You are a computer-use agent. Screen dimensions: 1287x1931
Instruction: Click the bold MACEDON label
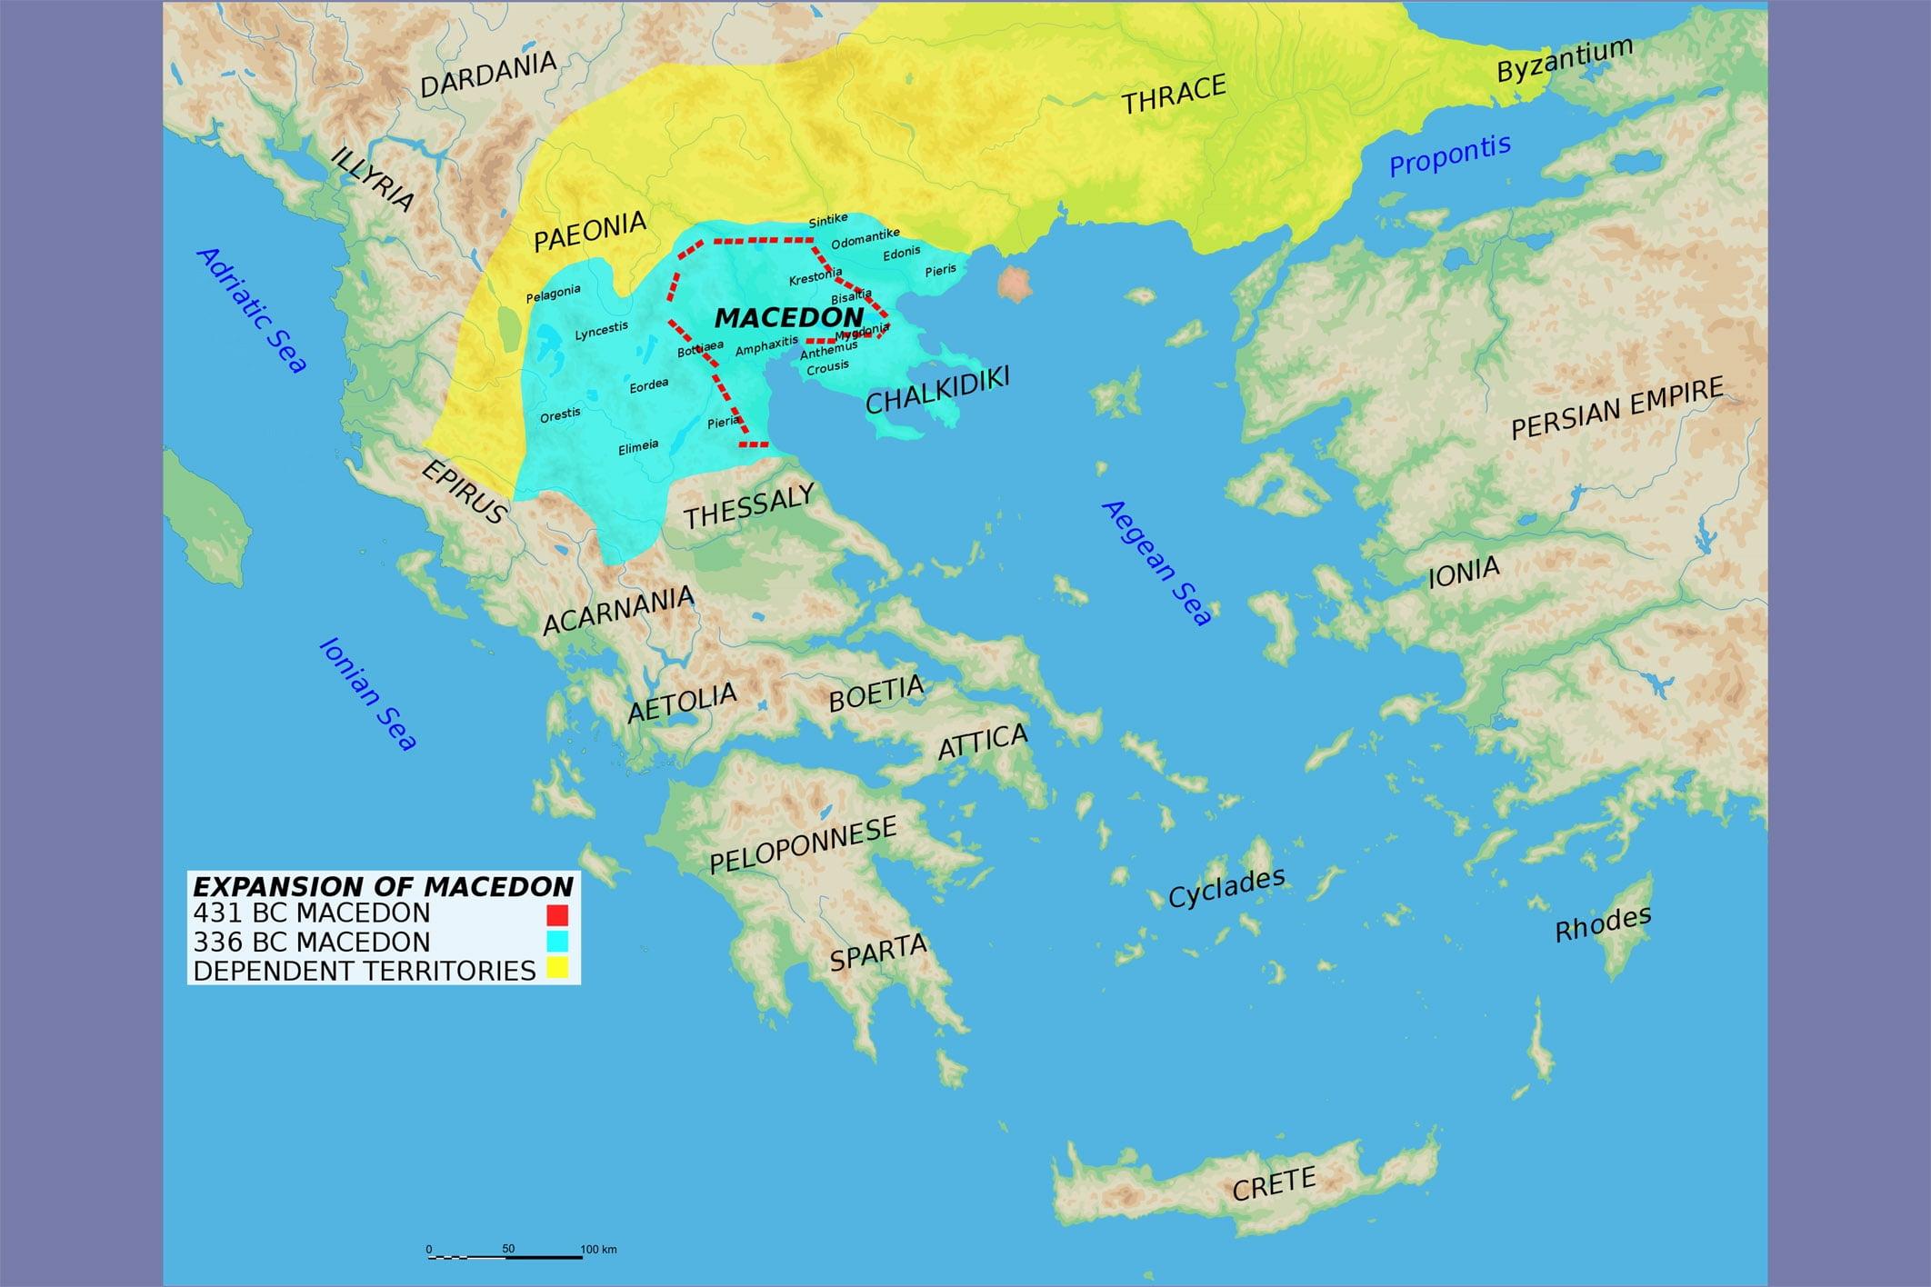tap(788, 317)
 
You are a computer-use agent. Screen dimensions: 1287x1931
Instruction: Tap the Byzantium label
tap(1565, 59)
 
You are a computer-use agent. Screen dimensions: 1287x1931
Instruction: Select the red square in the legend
tap(557, 913)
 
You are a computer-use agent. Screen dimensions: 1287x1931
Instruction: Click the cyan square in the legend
tap(557, 942)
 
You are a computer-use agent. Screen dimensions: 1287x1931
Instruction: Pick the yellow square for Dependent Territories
tap(557, 968)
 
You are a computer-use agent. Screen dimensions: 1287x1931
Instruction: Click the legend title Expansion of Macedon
tap(383, 886)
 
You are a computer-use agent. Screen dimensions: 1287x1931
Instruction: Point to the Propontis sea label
tap(1449, 155)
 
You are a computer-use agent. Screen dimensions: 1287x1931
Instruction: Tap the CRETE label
tap(1274, 1183)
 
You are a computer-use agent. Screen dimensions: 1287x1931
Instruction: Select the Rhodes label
tap(1602, 924)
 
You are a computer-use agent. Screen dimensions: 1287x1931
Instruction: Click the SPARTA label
tap(878, 952)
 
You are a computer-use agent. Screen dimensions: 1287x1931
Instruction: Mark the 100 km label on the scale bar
tap(598, 1249)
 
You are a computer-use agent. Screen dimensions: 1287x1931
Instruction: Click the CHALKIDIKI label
tap(937, 390)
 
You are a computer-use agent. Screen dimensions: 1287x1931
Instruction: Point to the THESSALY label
tap(749, 506)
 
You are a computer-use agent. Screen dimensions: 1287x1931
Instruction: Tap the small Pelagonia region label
tap(553, 294)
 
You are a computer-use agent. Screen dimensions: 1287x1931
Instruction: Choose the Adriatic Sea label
tap(252, 310)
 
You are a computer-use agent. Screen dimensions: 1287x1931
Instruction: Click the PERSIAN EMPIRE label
tap(1616, 409)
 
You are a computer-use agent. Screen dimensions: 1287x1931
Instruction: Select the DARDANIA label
tap(487, 75)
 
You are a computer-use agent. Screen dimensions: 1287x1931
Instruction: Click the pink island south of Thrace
tap(1014, 284)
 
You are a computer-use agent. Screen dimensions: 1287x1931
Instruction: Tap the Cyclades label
tap(1226, 887)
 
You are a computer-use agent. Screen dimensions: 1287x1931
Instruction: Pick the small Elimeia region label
tap(638, 446)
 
